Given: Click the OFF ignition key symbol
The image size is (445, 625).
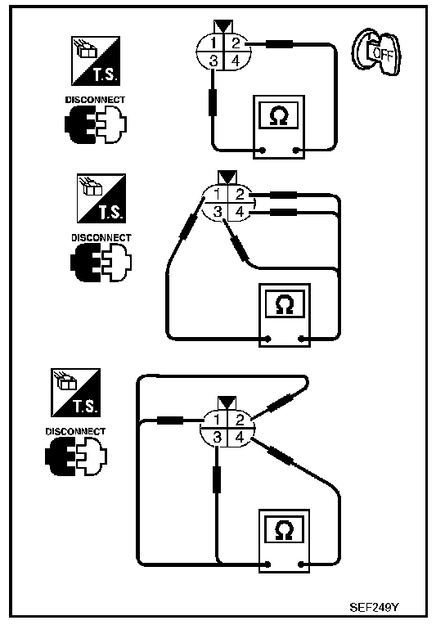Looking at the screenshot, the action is click(x=376, y=52).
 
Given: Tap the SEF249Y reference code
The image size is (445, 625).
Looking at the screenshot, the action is click(x=374, y=607).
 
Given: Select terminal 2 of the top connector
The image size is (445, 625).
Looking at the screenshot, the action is click(x=236, y=43).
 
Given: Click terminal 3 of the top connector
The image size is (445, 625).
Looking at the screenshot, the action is click(x=214, y=61).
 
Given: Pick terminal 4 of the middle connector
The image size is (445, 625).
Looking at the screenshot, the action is click(x=240, y=212).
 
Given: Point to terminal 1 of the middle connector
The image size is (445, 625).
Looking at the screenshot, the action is click(x=218, y=195).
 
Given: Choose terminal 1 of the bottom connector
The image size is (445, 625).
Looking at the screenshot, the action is click(x=217, y=420).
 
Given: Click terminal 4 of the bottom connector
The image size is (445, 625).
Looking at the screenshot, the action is click(x=239, y=438).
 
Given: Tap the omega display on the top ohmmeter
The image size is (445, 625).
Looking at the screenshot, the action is click(x=279, y=115).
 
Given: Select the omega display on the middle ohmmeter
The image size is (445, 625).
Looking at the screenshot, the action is click(x=285, y=304).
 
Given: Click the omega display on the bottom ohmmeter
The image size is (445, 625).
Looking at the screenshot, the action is click(x=285, y=529).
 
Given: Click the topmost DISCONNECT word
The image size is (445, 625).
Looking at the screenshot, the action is click(x=95, y=100).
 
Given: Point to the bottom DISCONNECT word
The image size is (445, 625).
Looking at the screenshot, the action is click(x=75, y=431).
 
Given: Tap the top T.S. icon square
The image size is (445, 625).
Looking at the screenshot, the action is click(x=96, y=61).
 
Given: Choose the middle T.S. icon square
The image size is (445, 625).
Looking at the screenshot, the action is click(x=101, y=198).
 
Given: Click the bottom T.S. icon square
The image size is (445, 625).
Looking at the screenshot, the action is click(x=76, y=393).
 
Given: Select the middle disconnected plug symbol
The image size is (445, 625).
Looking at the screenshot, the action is click(x=101, y=263).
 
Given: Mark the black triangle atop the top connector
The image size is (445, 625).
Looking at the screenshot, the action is click(x=223, y=26).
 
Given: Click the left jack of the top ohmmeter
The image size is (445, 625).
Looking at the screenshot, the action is click(x=263, y=151).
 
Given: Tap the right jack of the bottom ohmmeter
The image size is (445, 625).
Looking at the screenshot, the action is click(x=301, y=564).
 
